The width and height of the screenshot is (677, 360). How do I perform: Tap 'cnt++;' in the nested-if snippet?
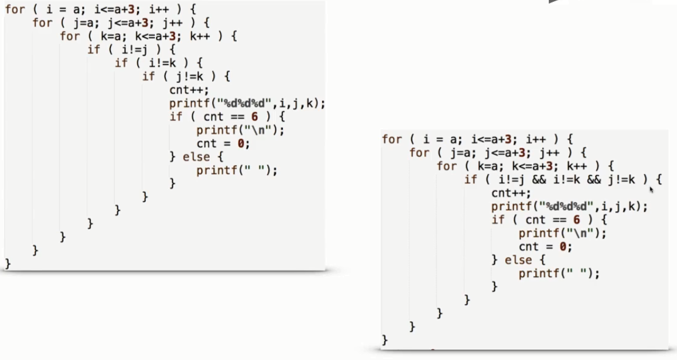coord(185,89)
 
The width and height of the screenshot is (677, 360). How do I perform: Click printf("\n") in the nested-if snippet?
coord(240,129)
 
